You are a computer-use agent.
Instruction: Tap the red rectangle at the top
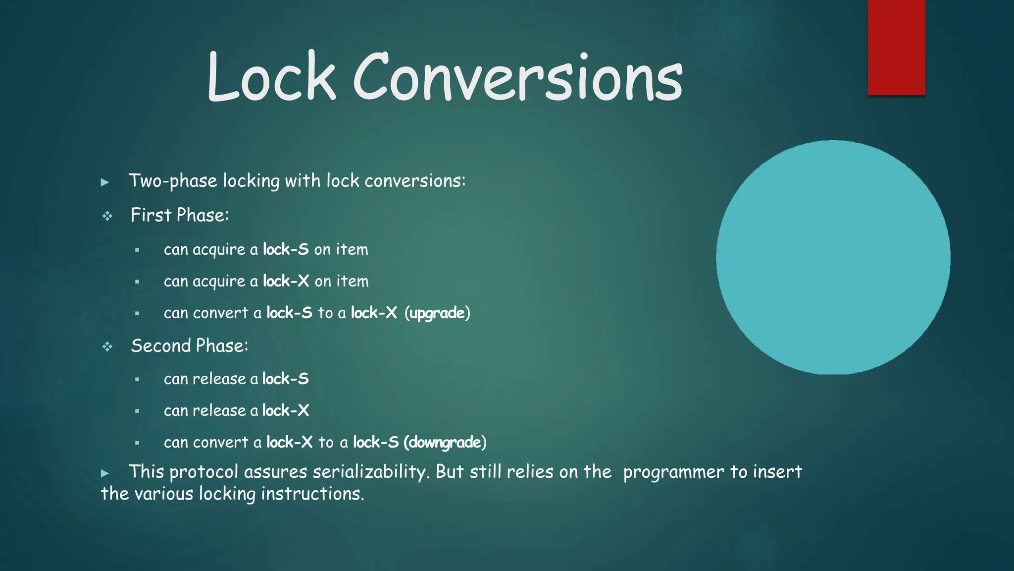click(896, 48)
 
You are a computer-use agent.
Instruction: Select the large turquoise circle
click(833, 257)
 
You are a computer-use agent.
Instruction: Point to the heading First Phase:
click(180, 216)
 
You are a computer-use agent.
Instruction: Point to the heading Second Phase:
click(190, 346)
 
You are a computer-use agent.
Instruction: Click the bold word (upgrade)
click(437, 313)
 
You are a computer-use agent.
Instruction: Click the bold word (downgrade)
click(445, 442)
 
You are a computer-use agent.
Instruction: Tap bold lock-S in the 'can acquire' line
click(286, 249)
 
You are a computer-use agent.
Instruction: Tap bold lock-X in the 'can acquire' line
click(286, 281)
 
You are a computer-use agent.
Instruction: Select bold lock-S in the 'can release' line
click(285, 379)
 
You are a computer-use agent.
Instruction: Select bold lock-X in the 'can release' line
click(285, 410)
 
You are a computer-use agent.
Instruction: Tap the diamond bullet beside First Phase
click(107, 216)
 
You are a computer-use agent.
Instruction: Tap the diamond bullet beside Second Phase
click(107, 346)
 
